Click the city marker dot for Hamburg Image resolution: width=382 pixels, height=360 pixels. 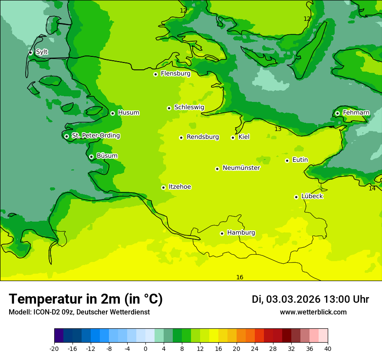pos(222,233)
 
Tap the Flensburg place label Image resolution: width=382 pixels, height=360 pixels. pos(175,74)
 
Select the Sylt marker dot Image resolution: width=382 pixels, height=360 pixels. pos(30,52)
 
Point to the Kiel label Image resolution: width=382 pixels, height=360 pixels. pos(244,137)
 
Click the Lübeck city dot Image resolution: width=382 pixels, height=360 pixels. pos(296,197)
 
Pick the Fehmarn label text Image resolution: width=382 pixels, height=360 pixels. pos(356,113)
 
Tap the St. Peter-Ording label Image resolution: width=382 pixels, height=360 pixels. pos(95,136)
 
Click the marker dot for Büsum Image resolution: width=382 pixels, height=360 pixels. pos(91,157)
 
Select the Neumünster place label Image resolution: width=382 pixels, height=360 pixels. pos(241,168)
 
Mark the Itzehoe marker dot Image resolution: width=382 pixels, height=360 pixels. pos(163,187)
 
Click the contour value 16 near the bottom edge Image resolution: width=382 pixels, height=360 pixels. pos(240,277)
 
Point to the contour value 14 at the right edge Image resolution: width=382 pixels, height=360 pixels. pos(372,188)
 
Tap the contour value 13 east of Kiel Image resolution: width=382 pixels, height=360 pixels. pos(278,129)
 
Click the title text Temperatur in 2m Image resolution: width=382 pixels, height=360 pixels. pos(65,299)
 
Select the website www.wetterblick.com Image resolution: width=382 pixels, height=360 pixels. pos(313,312)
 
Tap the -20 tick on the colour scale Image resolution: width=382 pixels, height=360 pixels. pos(54,348)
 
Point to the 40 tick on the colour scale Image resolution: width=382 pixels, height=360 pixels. pos(328,348)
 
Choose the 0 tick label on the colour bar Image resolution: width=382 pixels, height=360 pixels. pos(145,348)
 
